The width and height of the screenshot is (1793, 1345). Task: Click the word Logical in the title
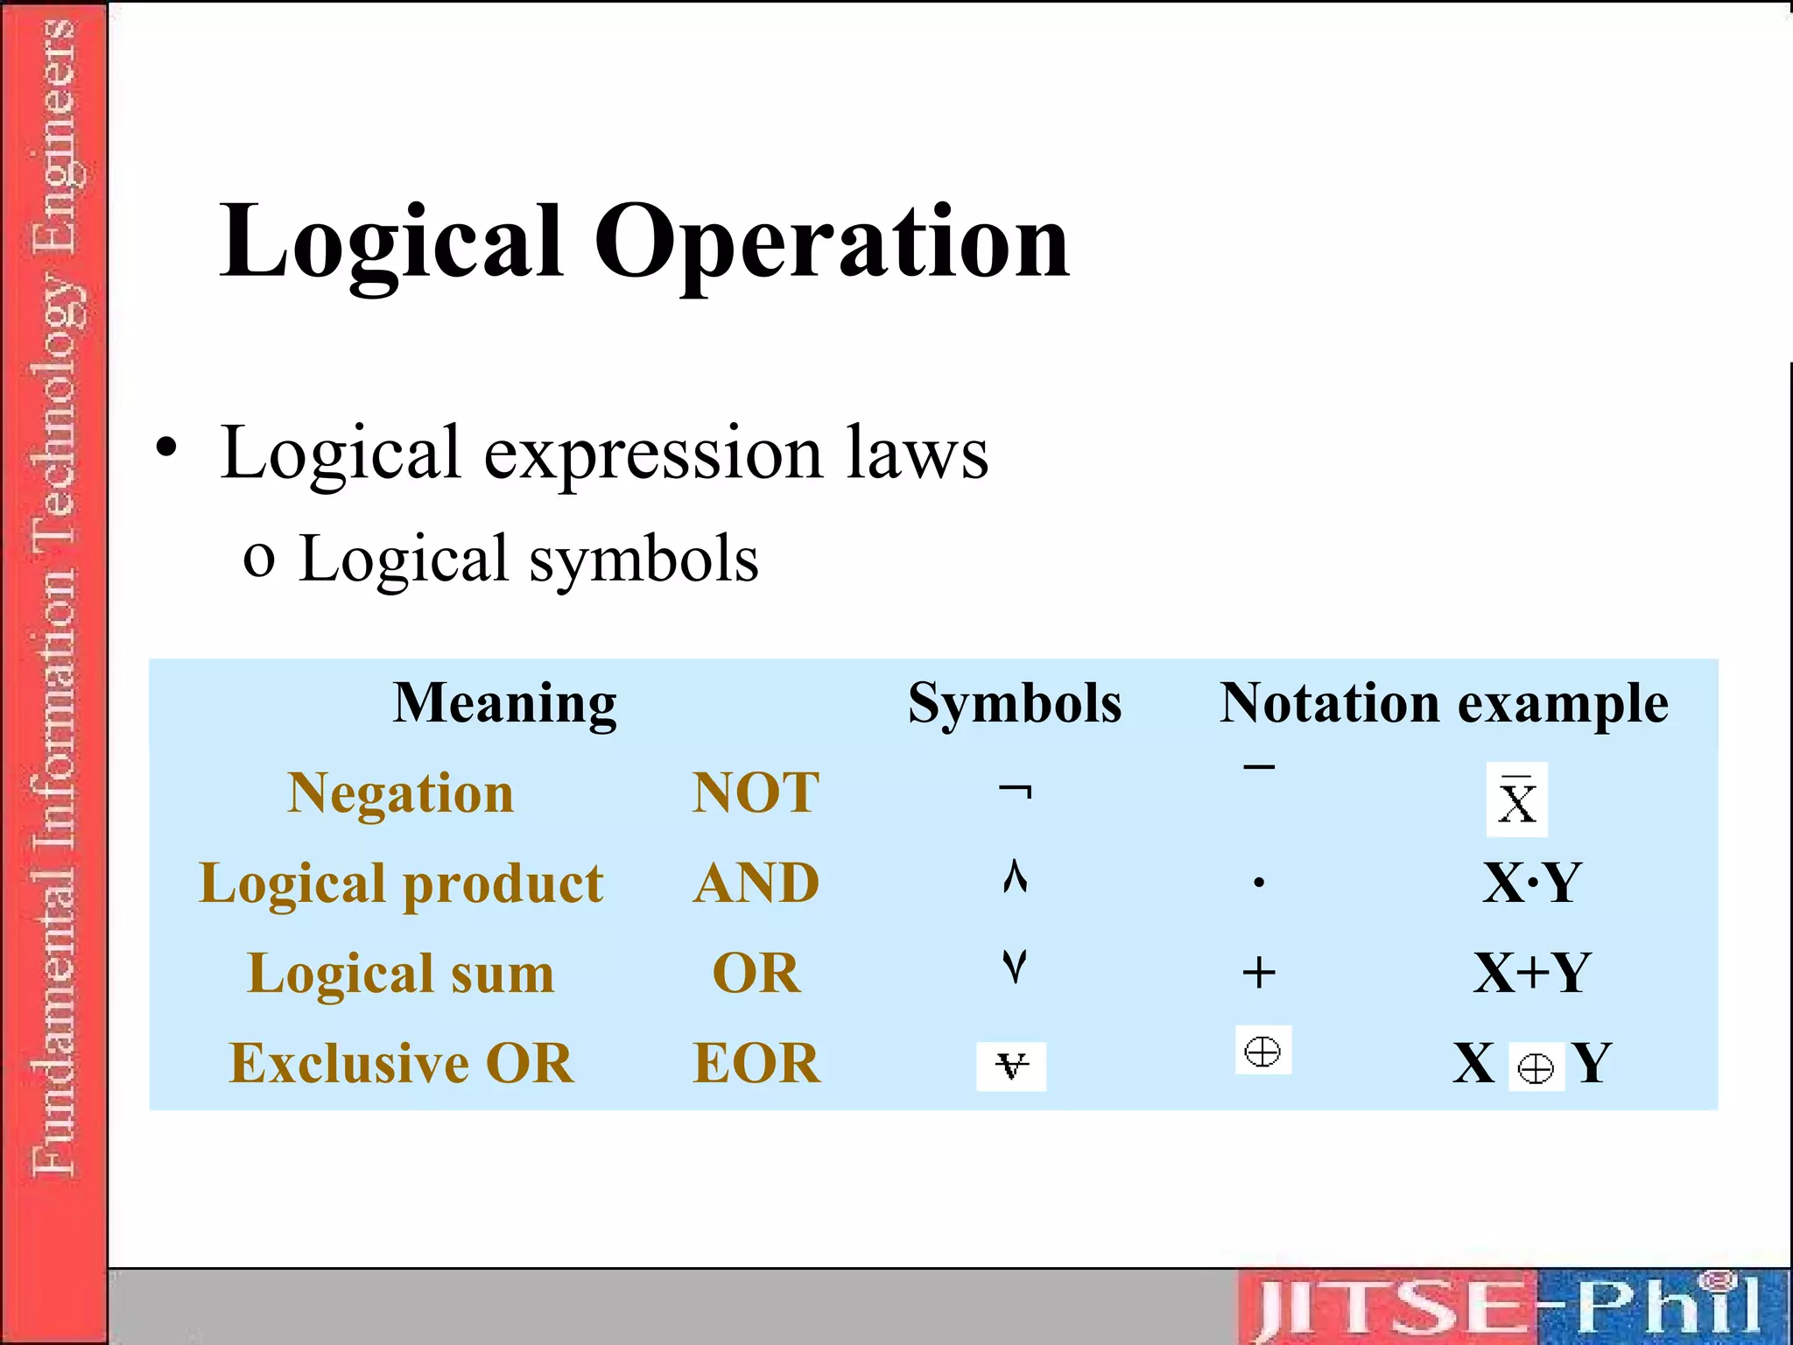390,242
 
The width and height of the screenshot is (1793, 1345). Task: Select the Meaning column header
505,704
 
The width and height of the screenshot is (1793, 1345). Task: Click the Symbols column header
1014,703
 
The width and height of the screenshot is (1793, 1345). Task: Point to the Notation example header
1444,703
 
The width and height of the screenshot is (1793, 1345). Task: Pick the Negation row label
401,793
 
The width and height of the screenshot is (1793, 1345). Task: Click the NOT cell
756,793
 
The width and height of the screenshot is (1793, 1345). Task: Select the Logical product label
401,884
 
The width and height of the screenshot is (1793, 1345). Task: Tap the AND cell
756,884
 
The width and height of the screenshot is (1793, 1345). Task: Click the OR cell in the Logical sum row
756,973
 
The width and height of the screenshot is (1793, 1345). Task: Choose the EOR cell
756,1064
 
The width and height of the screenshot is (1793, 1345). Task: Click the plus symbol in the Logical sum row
1259,973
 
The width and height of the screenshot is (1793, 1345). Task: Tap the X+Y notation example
1531,973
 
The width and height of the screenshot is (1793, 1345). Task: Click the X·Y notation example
1531,883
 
